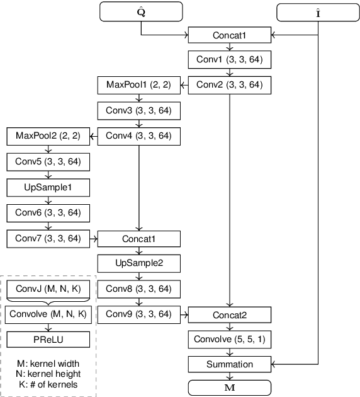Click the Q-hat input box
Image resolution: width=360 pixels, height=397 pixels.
pyautogui.click(x=141, y=10)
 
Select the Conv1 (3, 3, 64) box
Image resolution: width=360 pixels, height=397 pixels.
pyautogui.click(x=230, y=60)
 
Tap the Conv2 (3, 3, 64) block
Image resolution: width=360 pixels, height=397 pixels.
pyautogui.click(x=230, y=84)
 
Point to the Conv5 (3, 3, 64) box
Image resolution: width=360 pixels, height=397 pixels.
pyautogui.click(x=48, y=162)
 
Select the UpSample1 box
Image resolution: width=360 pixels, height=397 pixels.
pyautogui.click(x=48, y=187)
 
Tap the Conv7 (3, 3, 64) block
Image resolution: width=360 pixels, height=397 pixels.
pyautogui.click(x=48, y=238)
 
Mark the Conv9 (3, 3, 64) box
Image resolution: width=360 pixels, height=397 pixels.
pyautogui.click(x=138, y=314)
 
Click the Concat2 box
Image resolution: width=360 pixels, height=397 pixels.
pyautogui.click(x=230, y=314)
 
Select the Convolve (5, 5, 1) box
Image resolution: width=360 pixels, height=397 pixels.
pyautogui.click(x=230, y=340)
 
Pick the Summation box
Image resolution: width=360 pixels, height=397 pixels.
pyautogui.click(x=230, y=364)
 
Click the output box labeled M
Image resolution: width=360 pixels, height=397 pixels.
pyautogui.click(x=230, y=386)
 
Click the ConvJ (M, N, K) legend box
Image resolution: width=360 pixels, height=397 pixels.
pyautogui.click(x=48, y=289)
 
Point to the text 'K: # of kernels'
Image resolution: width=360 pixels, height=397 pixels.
pyautogui.click(x=48, y=384)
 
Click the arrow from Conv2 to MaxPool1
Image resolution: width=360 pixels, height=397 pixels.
pyautogui.click(x=184, y=84)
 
